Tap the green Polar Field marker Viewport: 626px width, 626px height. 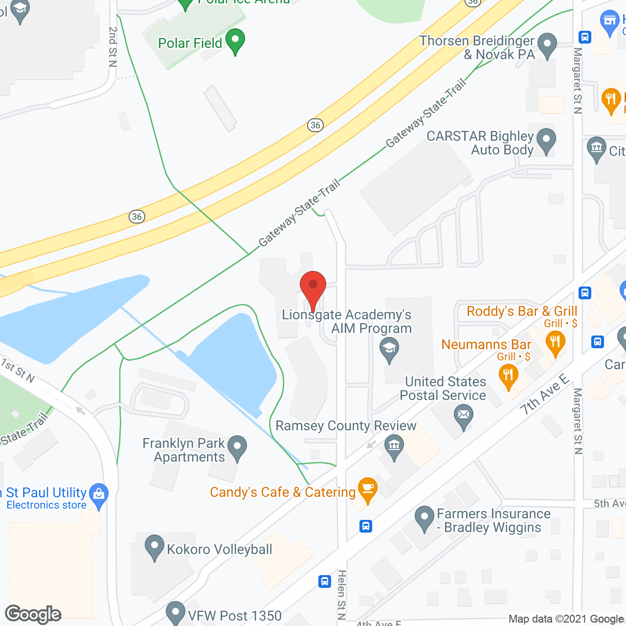[x=235, y=41]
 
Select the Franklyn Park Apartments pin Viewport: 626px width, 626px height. [x=237, y=447]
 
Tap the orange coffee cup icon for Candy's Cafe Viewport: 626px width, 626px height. [x=367, y=489]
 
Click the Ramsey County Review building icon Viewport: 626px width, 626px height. [x=394, y=447]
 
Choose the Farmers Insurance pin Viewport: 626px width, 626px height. [x=424, y=518]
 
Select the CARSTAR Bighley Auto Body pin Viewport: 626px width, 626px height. [x=546, y=140]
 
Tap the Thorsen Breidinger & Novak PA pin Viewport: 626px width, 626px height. [x=547, y=45]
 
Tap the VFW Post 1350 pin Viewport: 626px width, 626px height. [x=175, y=613]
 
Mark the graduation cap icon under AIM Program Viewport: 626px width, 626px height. [x=389, y=350]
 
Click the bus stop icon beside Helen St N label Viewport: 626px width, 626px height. [x=325, y=581]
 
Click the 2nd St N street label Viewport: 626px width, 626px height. [x=113, y=46]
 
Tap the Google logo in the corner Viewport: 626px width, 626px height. [x=33, y=614]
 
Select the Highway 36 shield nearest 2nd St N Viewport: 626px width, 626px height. [x=137, y=216]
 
